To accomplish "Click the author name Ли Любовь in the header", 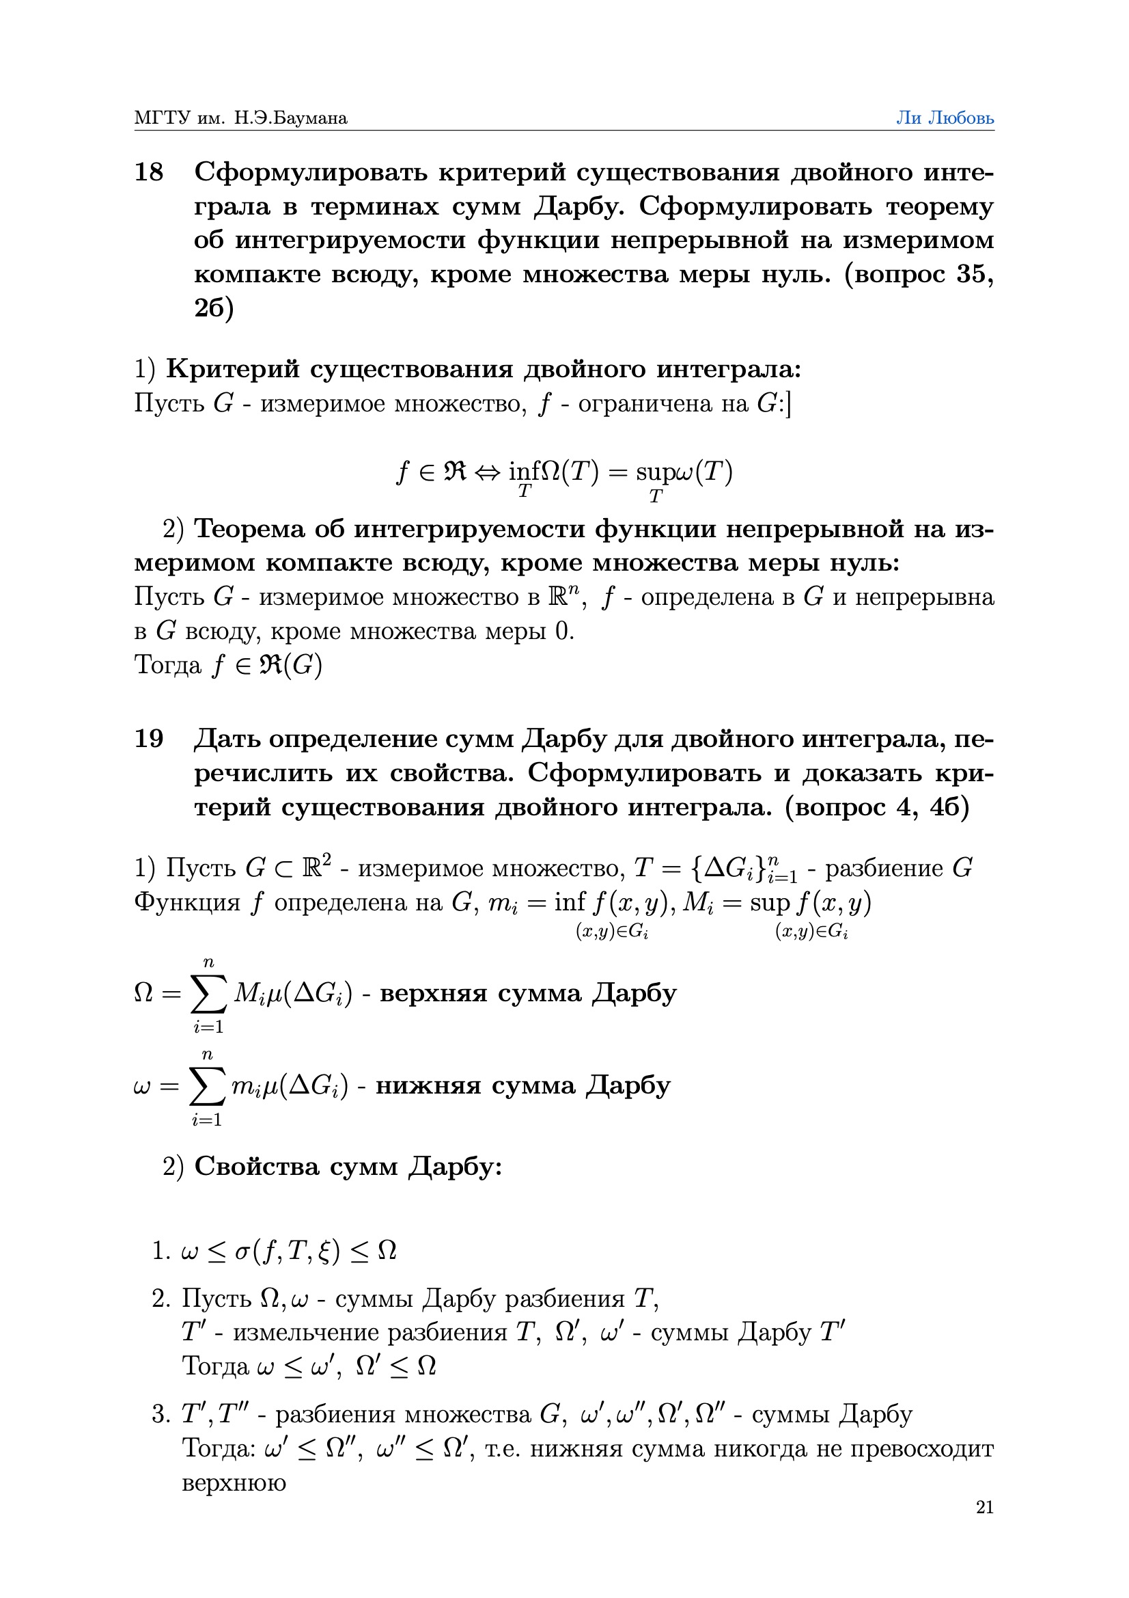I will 944,118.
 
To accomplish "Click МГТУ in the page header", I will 161,118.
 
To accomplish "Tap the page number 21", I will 984,1507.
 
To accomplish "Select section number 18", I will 148,172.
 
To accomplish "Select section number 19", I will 148,738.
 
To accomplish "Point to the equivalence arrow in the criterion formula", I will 487,472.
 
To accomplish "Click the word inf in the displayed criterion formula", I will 524,472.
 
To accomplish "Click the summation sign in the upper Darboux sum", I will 209,994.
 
